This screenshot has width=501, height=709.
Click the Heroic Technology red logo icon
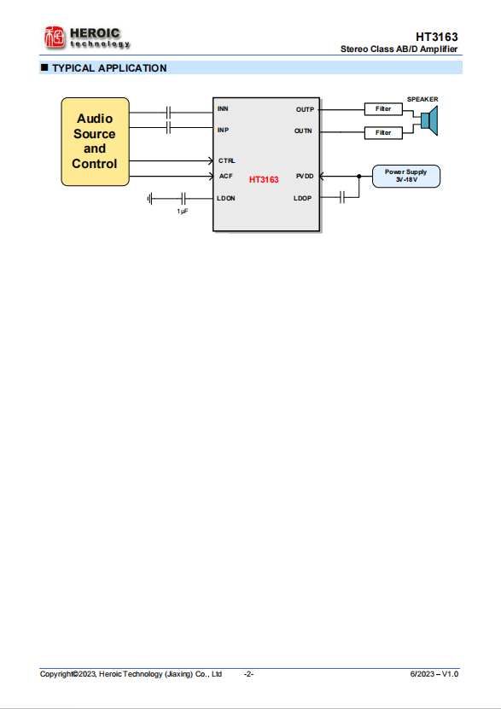(55, 37)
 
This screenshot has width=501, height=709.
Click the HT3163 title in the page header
(437, 37)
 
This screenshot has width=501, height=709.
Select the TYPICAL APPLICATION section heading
(109, 68)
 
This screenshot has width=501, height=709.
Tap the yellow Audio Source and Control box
(95, 142)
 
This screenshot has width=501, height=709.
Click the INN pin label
(223, 109)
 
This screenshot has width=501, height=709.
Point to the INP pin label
(223, 131)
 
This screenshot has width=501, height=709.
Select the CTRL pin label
(226, 161)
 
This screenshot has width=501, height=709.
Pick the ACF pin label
(225, 177)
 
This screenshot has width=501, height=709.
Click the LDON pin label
(225, 199)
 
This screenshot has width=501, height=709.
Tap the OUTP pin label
(305, 110)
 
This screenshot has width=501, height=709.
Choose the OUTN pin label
(303, 131)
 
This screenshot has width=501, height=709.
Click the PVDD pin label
(305, 177)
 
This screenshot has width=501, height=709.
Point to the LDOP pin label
(302, 199)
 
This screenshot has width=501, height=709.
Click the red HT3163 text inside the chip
(264, 180)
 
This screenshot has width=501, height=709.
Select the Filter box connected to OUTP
(383, 109)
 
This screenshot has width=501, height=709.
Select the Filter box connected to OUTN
(383, 133)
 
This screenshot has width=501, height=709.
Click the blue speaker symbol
(429, 121)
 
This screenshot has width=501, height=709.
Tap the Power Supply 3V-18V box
(406, 176)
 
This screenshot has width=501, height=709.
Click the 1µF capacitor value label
(183, 212)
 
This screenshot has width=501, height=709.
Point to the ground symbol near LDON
(149, 199)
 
